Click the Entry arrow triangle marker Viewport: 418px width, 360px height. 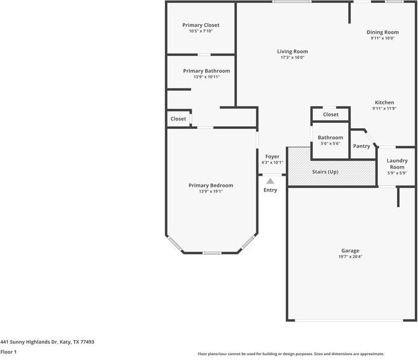271,181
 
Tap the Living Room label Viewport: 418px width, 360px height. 292,52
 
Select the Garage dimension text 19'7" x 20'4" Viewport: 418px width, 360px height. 351,256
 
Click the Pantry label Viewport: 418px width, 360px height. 361,146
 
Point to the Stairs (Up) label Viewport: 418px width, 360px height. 325,172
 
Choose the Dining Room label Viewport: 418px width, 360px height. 383,32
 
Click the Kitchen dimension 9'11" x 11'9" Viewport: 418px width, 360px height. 384,109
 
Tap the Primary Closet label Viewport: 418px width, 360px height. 201,25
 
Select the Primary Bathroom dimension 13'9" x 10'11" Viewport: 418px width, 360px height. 206,77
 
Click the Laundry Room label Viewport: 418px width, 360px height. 397,164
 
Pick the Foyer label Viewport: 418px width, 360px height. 272,157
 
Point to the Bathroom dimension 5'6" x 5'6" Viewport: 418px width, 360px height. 330,144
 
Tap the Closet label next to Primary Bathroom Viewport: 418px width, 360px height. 178,119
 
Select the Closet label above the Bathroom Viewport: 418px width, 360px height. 331,114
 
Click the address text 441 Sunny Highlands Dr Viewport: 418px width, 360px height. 47,341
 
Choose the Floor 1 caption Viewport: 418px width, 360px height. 8,352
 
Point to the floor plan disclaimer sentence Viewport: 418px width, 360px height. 290,354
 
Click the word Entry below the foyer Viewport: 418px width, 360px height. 271,190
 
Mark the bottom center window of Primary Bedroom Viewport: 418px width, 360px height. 212,253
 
